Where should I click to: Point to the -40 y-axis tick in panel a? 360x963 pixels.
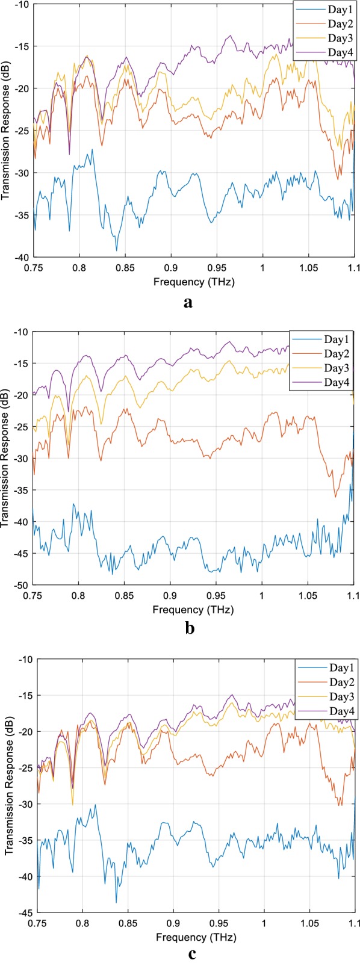[x=20, y=258]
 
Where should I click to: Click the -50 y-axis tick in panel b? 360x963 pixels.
[x=20, y=585]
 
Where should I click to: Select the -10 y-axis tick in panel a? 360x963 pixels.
[x=20, y=4]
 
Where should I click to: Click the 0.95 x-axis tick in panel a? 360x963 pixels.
[x=216, y=267]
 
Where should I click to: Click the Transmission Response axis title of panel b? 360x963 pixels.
[x=5, y=458]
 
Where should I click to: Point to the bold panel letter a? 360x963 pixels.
[x=188, y=302]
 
